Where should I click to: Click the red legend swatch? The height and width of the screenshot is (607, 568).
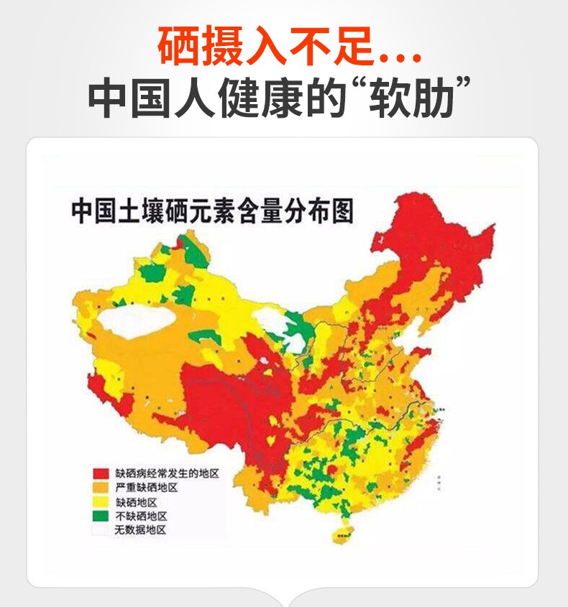coord(100,474)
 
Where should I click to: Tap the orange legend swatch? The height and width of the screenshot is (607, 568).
coord(100,488)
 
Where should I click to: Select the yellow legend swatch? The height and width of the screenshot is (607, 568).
coord(100,502)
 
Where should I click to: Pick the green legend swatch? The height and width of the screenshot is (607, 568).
coord(100,516)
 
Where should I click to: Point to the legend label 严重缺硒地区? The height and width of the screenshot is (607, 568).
coord(146,488)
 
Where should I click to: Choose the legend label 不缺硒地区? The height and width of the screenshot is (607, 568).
coord(141,516)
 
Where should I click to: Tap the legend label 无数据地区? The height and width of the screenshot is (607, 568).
coord(141,529)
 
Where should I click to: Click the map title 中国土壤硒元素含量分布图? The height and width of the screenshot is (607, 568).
coord(213,213)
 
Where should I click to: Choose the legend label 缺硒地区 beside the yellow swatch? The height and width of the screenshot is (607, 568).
coord(136,502)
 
